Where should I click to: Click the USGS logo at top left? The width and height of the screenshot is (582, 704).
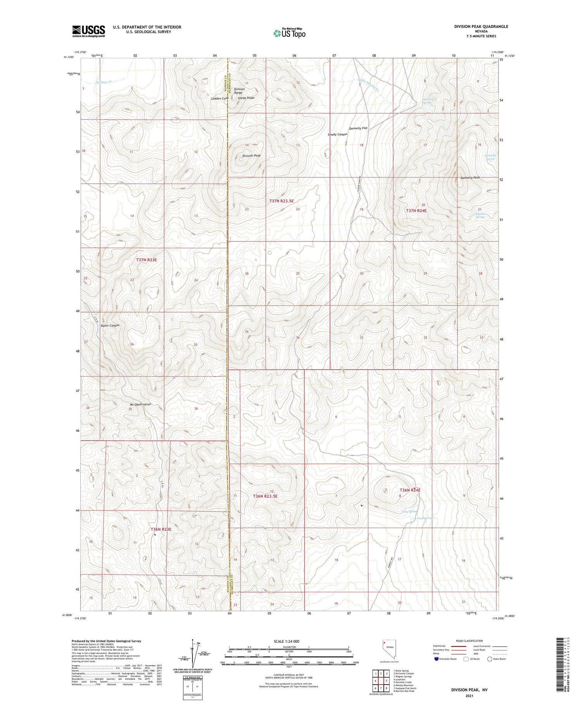coord(88,31)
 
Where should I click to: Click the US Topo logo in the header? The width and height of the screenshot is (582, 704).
coord(289,33)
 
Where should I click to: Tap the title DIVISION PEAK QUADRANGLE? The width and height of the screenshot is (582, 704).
coord(481,26)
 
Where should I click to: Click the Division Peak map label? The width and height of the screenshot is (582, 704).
coord(251,156)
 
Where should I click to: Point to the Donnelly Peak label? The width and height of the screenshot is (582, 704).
coord(470,177)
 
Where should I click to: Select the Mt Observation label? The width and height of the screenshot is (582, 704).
coord(140,405)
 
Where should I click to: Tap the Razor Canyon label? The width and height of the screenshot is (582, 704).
coord(110,325)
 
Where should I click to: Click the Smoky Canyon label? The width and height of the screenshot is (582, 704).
coord(338,134)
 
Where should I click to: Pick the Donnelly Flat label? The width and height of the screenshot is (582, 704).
coord(358,128)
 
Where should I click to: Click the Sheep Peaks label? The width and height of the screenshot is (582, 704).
coord(246,98)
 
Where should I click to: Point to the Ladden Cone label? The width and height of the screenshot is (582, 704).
coord(220,99)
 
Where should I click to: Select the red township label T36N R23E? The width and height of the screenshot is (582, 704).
coord(161,529)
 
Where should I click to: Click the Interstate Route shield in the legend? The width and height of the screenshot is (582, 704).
coord(436,659)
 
